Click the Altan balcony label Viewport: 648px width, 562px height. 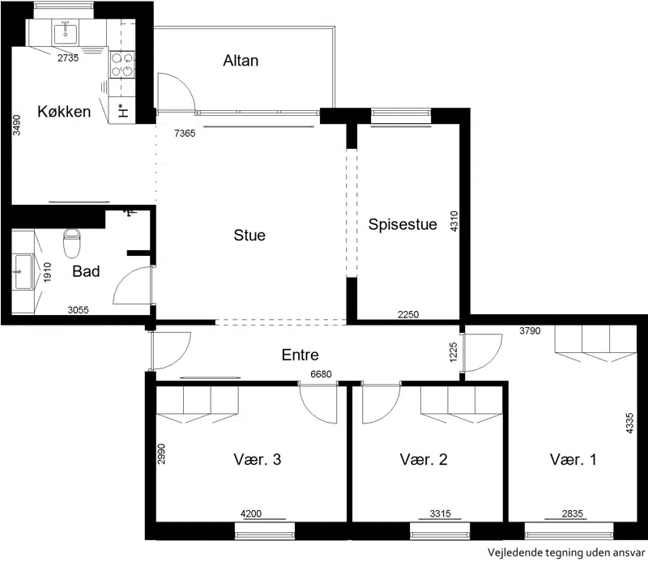[x=241, y=61]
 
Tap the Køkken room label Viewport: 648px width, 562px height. [x=64, y=112]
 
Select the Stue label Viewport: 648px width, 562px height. [x=249, y=235]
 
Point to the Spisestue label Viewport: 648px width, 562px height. [x=403, y=224]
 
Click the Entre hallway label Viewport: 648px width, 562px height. [x=301, y=355]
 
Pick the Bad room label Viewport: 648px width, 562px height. [x=86, y=271]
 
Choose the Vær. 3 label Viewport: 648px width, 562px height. [x=258, y=459]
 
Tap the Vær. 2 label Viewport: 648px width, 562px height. [x=424, y=459]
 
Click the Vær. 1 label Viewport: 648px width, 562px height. [x=573, y=459]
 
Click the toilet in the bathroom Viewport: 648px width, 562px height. [x=71, y=243]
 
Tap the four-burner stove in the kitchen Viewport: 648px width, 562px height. [x=122, y=65]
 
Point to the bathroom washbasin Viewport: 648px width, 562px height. [x=23, y=272]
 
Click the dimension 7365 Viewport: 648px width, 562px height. [x=185, y=133]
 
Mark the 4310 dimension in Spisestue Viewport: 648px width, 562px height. [x=454, y=221]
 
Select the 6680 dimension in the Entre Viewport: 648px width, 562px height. [x=321, y=374]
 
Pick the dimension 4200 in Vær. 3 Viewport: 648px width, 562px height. [x=251, y=513]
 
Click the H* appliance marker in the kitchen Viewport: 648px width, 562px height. [x=123, y=110]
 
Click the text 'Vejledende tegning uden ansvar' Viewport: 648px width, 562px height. [x=566, y=552]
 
